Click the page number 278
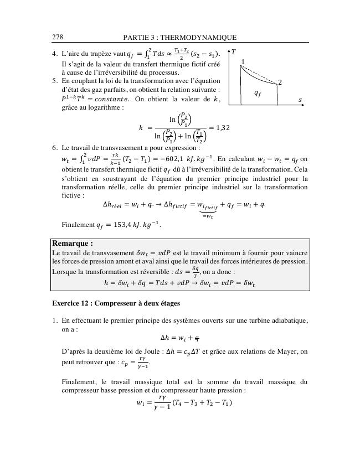pos(58,37)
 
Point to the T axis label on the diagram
pos(234,52)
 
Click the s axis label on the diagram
pos(300,100)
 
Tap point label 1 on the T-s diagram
pos(243,61)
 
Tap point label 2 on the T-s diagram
pos(280,82)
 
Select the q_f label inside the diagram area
pos(258,94)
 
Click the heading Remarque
pos(72,243)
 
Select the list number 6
pos(54,148)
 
